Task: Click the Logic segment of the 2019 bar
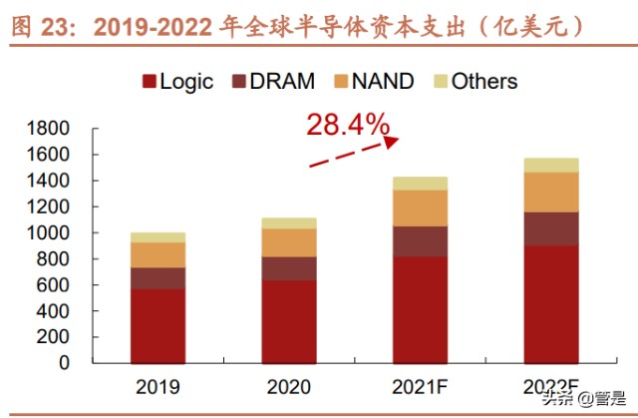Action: [x=158, y=325]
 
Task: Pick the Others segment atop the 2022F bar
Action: [x=550, y=165]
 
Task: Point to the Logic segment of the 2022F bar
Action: [x=550, y=303]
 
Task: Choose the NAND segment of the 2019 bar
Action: [x=158, y=254]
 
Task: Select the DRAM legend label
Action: [x=281, y=82]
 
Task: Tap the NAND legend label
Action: [x=383, y=82]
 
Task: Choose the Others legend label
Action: [x=484, y=82]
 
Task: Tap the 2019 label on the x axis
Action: [x=158, y=385]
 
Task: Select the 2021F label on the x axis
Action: [x=420, y=385]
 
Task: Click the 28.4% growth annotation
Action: [x=347, y=125]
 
